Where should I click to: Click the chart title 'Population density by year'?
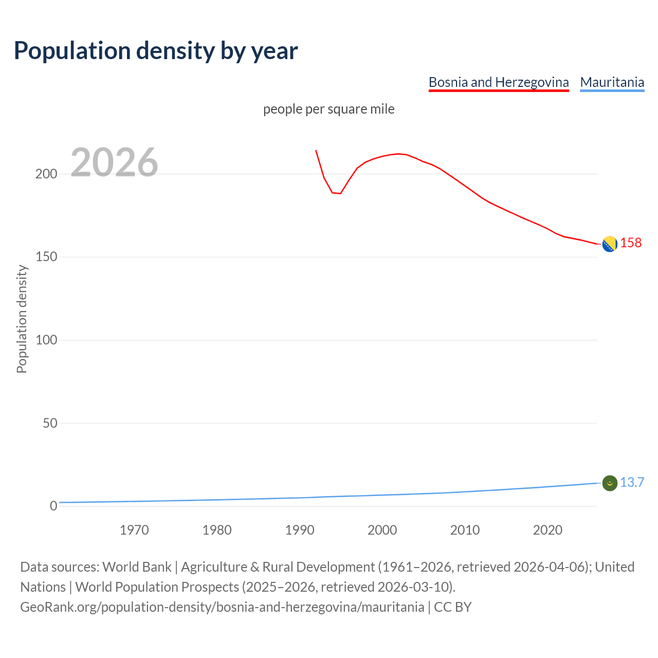pyautogui.click(x=156, y=50)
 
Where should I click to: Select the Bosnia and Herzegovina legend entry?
pyautogui.click(x=499, y=82)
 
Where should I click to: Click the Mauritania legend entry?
pyautogui.click(x=612, y=82)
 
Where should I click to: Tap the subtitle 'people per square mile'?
pyautogui.click(x=329, y=109)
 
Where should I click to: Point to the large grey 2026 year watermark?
pyautogui.click(x=114, y=162)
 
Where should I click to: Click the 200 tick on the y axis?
pyautogui.click(x=46, y=174)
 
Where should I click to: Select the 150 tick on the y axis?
pyautogui.click(x=46, y=257)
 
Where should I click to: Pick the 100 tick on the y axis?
pyautogui.click(x=46, y=340)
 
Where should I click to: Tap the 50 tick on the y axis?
pyautogui.click(x=49, y=423)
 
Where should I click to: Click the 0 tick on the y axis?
pyautogui.click(x=53, y=506)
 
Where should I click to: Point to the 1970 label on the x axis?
pyautogui.click(x=134, y=530)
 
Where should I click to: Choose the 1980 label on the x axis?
pyautogui.click(x=217, y=530)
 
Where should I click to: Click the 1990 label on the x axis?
pyautogui.click(x=300, y=530)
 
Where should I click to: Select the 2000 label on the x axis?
pyautogui.click(x=382, y=530)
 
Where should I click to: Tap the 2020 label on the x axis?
pyautogui.click(x=547, y=530)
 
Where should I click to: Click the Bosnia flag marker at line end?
pyautogui.click(x=610, y=244)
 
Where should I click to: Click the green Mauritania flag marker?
pyautogui.click(x=610, y=483)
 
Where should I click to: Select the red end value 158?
pyautogui.click(x=631, y=243)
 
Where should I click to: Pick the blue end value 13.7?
pyautogui.click(x=632, y=482)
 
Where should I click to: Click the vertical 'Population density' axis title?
pyautogui.click(x=22, y=319)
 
